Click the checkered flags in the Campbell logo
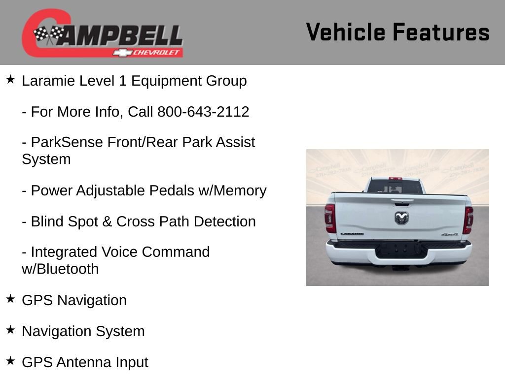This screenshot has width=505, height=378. pyautogui.click(x=48, y=34)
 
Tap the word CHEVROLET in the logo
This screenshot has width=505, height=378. pyautogui.click(x=157, y=53)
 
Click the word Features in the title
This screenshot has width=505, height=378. pyautogui.click(x=441, y=32)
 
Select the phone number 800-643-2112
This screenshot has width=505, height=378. pyautogui.click(x=203, y=112)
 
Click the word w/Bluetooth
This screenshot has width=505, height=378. pyautogui.click(x=60, y=269)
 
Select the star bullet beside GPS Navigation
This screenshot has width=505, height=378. pyautogui.click(x=10, y=299)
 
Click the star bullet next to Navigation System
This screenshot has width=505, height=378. pyautogui.click(x=10, y=330)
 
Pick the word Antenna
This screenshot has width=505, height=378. pyautogui.click(x=84, y=362)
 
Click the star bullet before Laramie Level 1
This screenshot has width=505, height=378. pyautogui.click(x=10, y=79)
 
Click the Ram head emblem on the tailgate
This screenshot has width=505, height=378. pyautogui.click(x=401, y=218)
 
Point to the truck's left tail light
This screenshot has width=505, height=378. pyautogui.click(x=330, y=218)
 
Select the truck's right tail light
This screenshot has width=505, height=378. pyautogui.click(x=468, y=220)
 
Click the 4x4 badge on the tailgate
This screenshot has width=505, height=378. pyautogui.click(x=449, y=235)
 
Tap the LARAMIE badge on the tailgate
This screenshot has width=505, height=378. pyautogui.click(x=352, y=234)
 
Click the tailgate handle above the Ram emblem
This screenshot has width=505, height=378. pyautogui.click(x=402, y=201)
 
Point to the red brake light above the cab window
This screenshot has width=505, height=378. pyautogui.click(x=395, y=179)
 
